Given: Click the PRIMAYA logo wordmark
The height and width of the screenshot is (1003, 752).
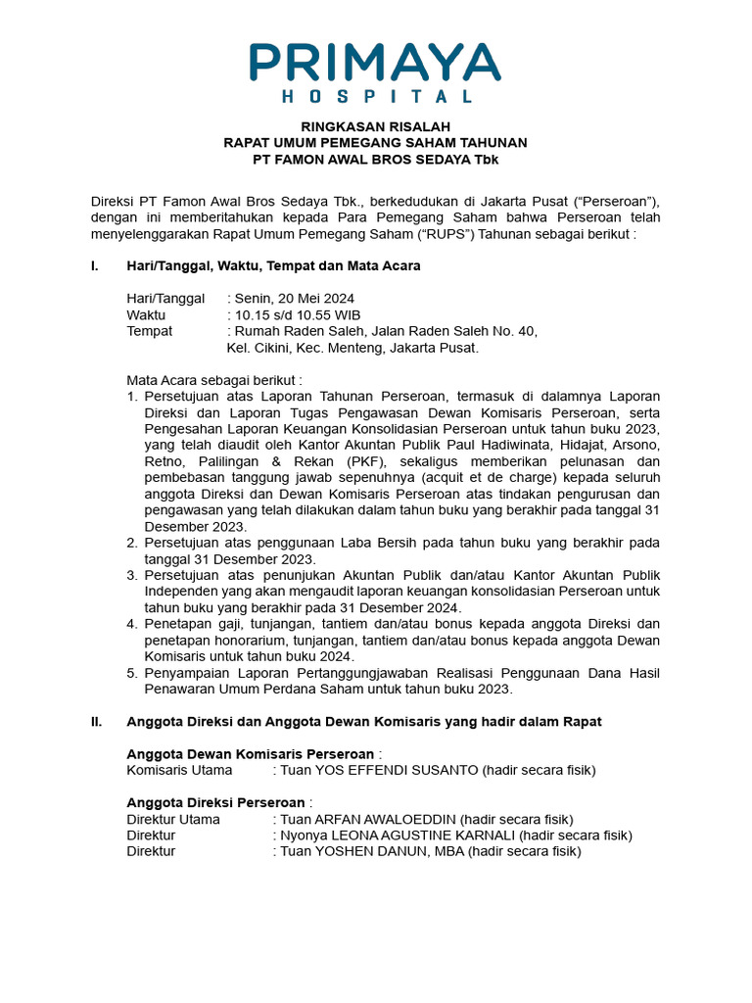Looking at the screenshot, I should click(x=375, y=62).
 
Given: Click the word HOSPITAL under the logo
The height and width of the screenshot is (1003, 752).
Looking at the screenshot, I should click(x=376, y=97).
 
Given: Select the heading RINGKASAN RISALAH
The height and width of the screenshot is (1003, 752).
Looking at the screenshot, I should click(x=375, y=126).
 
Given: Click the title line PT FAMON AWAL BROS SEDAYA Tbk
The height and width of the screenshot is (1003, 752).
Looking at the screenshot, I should click(x=375, y=159).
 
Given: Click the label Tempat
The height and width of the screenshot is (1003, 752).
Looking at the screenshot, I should click(x=149, y=331).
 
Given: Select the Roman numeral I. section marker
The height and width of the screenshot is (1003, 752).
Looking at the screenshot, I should click(x=95, y=265).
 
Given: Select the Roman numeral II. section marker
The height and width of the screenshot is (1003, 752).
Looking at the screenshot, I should click(x=96, y=722).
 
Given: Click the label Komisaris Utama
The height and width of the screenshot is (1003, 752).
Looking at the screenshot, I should click(x=179, y=771).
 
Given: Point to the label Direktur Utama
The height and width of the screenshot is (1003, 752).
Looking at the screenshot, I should click(x=173, y=819).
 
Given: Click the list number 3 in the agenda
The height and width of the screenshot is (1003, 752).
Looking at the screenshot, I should click(x=132, y=575).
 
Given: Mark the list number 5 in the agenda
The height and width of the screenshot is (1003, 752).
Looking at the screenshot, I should click(x=132, y=673).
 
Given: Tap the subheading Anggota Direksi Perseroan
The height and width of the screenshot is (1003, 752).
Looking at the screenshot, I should click(x=215, y=802).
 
